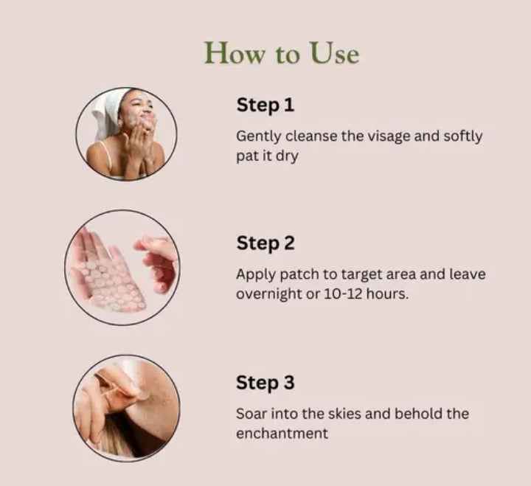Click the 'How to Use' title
click(281, 54)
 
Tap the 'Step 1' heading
click(265, 105)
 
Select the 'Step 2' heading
click(266, 243)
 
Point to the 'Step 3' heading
click(265, 383)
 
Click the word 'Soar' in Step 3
click(251, 413)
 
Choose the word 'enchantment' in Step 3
click(282, 433)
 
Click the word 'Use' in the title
click(334, 54)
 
